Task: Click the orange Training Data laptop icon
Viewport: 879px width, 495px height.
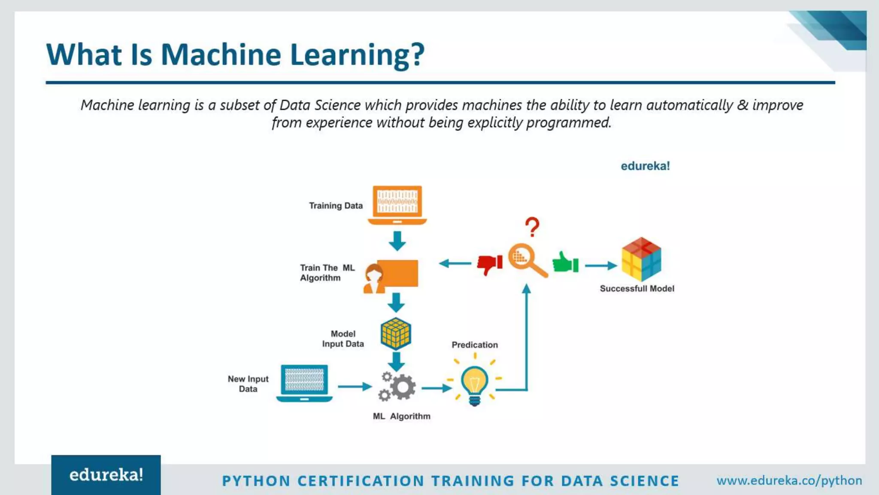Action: coord(397,205)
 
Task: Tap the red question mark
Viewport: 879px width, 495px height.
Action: coord(532,227)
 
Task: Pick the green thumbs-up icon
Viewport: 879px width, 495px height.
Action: coord(565,263)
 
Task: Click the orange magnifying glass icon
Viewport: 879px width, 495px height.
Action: coord(526,260)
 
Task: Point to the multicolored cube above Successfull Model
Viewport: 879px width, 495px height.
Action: coord(641,259)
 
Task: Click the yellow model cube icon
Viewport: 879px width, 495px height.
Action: coord(396,333)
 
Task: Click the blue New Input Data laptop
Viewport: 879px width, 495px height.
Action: coord(304,383)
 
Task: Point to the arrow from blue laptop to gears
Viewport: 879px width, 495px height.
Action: coord(355,387)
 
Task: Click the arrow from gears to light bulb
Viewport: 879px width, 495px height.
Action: coord(436,388)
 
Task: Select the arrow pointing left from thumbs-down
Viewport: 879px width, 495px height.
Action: coord(455,263)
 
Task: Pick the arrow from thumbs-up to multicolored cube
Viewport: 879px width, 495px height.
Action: coord(600,266)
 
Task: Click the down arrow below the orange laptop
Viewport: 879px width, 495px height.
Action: coord(397,241)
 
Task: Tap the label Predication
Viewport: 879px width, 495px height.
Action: coord(475,345)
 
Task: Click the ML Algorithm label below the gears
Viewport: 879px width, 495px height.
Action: coord(401,416)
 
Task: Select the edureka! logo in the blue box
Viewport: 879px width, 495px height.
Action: coord(106,475)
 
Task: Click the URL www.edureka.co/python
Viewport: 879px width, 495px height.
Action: coord(789,480)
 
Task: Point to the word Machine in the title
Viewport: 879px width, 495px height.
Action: coord(221,55)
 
